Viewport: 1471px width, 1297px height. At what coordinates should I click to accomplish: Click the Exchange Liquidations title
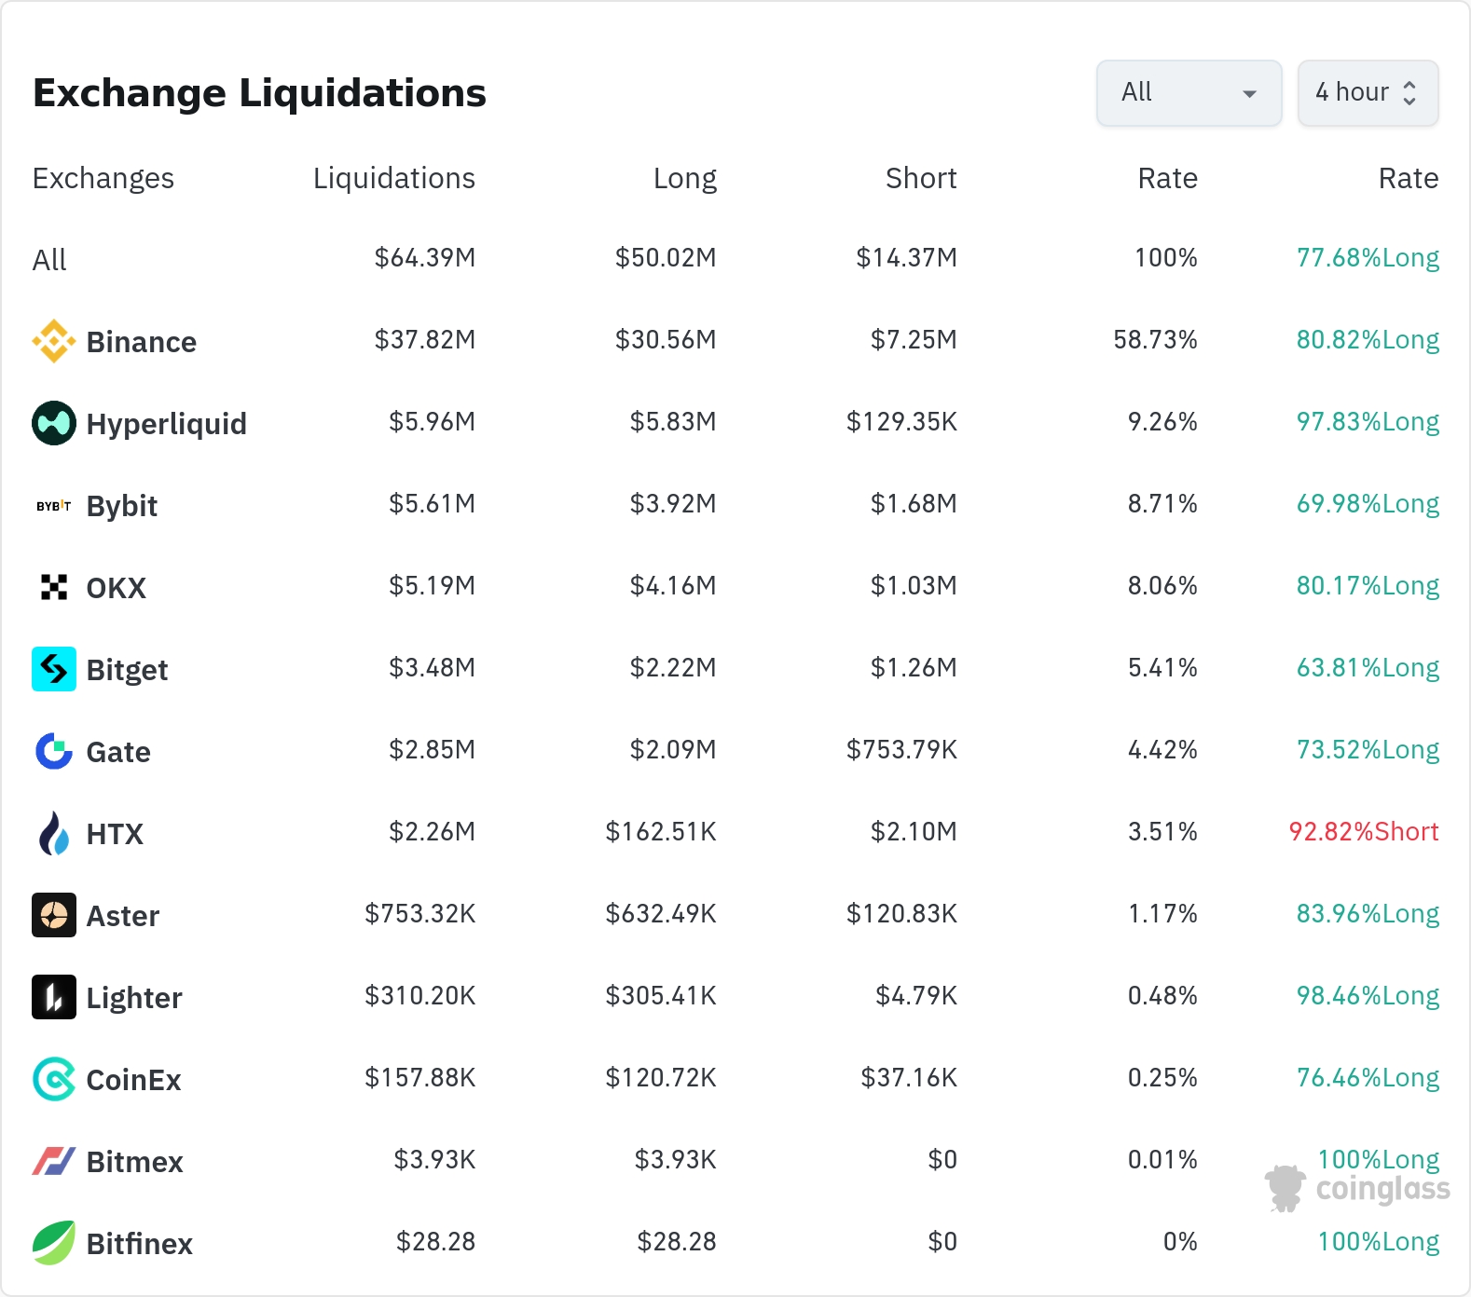[259, 93]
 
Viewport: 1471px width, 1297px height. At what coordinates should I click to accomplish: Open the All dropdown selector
[1189, 92]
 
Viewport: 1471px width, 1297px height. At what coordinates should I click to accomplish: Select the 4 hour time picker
[1368, 92]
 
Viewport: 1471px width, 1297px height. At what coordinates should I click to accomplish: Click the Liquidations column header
[393, 178]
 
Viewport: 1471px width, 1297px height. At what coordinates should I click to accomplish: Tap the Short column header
[921, 178]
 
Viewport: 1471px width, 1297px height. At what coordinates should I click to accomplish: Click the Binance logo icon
[54, 341]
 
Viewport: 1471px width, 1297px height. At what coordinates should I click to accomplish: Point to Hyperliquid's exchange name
[167, 424]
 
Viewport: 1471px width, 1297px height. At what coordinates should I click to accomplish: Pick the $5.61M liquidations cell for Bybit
[432, 503]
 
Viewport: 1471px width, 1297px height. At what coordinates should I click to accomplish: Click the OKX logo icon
[54, 587]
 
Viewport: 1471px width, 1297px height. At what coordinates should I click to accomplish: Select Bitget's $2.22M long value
[673, 667]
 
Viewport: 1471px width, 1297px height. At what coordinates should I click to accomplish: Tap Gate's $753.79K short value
[901, 749]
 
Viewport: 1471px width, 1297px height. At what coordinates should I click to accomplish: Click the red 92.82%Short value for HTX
[1364, 831]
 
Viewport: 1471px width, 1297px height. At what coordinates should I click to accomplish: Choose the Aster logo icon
[54, 915]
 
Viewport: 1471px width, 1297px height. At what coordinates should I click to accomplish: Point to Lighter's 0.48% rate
[1162, 995]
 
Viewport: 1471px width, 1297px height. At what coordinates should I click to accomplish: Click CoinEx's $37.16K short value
[909, 1077]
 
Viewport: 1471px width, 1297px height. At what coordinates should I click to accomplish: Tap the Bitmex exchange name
[135, 1162]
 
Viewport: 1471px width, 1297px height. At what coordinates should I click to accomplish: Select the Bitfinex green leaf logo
[54, 1243]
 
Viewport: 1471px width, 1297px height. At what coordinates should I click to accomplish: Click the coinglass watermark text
[1383, 1189]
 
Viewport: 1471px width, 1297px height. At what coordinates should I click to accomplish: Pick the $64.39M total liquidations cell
[425, 257]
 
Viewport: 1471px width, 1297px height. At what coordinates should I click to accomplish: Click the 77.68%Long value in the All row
[1368, 257]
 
